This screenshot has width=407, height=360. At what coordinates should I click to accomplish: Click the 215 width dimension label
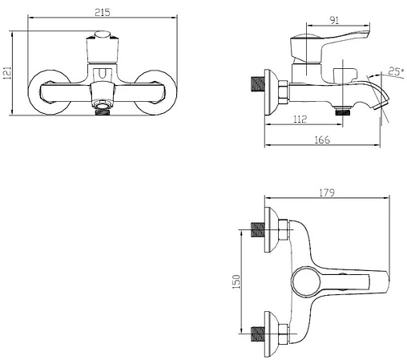click(x=103, y=12)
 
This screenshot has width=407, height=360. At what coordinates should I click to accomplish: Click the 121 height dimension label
click(x=7, y=73)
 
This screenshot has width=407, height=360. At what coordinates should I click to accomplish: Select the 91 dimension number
click(x=334, y=20)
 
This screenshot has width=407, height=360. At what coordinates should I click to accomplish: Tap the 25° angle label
click(x=396, y=71)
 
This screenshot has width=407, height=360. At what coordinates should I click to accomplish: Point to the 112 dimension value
click(x=300, y=119)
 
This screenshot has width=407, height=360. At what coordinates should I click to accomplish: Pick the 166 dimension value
click(x=322, y=140)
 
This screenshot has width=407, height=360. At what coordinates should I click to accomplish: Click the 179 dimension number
click(x=327, y=192)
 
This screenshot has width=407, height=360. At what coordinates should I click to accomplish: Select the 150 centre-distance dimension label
click(x=236, y=281)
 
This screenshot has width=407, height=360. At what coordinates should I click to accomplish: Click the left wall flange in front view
click(x=49, y=92)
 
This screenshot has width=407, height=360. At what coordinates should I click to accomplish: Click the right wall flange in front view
click(x=155, y=92)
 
